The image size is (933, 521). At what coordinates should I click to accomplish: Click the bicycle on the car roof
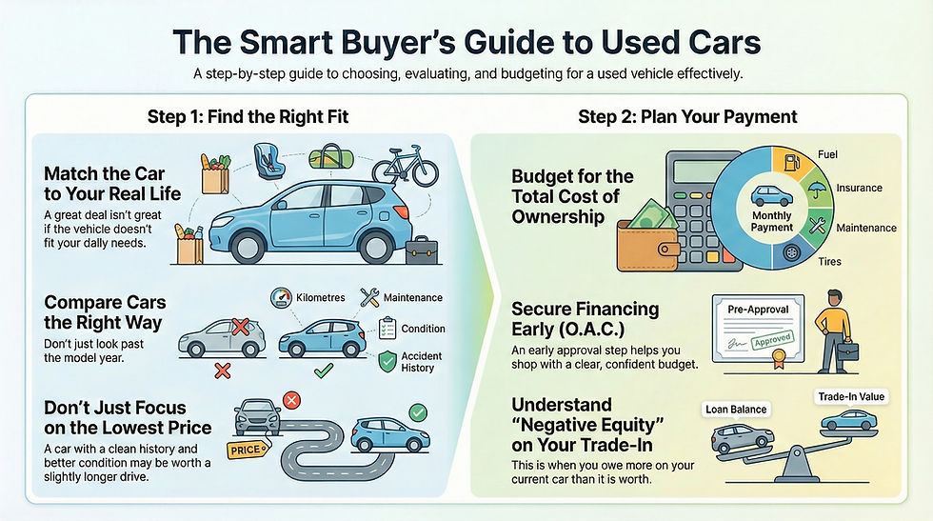click(405, 165)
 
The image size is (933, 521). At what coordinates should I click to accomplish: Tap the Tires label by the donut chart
click(830, 261)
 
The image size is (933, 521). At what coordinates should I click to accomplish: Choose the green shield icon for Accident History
click(387, 361)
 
